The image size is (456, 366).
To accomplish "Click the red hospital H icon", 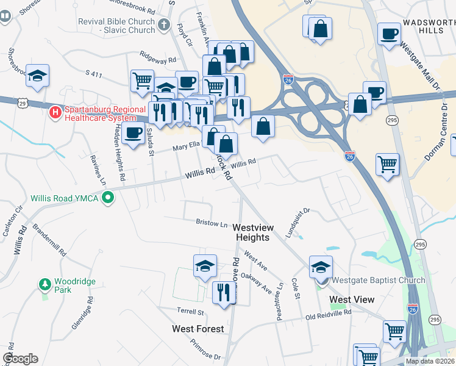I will coord(55,113).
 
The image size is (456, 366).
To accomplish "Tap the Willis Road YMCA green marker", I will coord(109,197).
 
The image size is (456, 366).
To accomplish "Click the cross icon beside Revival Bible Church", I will coord(163,25).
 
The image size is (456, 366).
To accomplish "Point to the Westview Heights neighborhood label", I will coord(252,232).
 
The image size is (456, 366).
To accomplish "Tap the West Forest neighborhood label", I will coord(198,329).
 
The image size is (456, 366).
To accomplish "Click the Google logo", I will coord(20,359).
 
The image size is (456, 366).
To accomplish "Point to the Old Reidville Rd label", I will coord(328,314).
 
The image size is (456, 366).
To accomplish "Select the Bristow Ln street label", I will coord(211,223).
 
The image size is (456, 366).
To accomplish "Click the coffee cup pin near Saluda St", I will coord(132,132).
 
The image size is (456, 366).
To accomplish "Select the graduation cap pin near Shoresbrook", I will coord(37,75).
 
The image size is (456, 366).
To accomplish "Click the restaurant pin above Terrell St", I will coord(224,292).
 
